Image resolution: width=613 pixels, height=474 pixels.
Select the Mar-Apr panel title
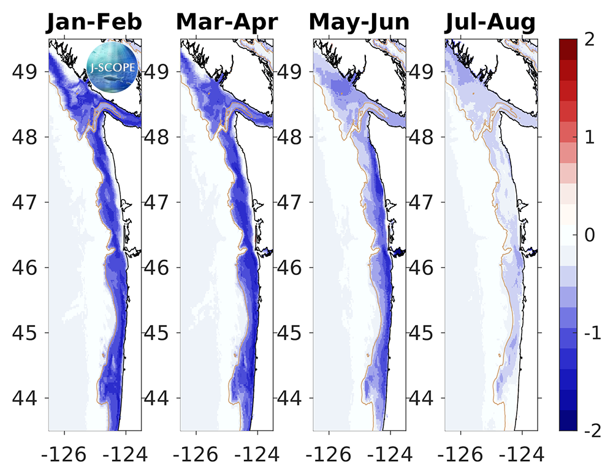[x=227, y=23]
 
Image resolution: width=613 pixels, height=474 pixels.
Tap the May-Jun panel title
[x=359, y=23]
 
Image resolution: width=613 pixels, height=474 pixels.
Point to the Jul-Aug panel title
[x=490, y=23]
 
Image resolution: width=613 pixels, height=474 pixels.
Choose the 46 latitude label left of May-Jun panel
[x=291, y=267]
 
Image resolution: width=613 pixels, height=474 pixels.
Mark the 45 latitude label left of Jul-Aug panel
[x=423, y=333]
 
